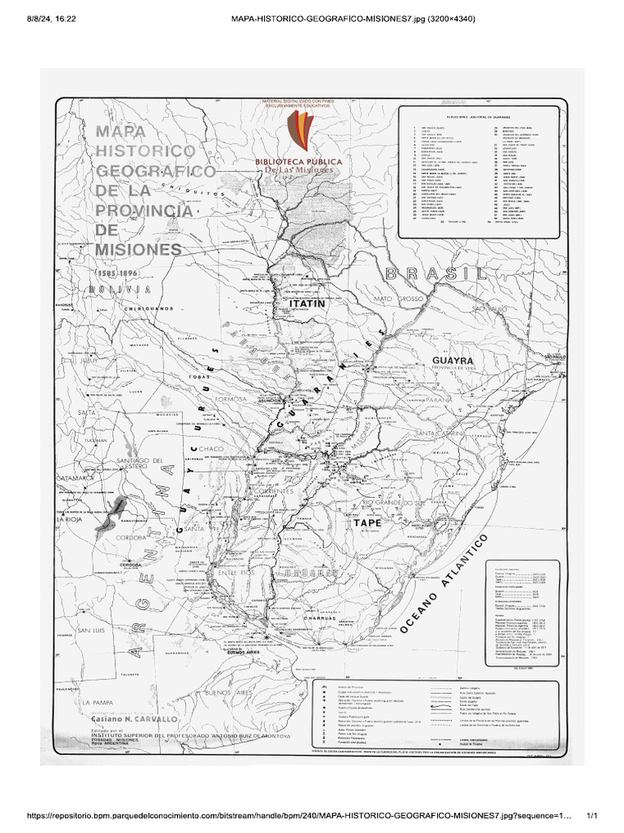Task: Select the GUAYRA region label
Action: (457, 359)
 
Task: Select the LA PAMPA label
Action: (95, 701)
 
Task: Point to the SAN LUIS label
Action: (90, 630)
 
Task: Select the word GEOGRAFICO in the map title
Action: (157, 172)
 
